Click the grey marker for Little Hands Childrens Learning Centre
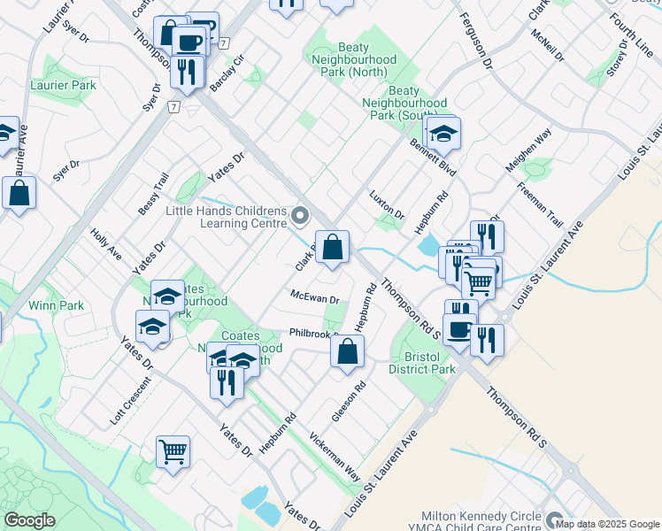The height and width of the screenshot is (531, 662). coord(301,216)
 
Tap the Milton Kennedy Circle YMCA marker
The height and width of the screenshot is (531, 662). coord(555,519)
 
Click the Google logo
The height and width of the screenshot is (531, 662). coord(29,520)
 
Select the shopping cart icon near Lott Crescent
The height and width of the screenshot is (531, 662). coord(173,452)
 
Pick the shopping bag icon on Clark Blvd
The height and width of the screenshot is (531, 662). coord(332,249)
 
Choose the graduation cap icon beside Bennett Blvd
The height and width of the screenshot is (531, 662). coord(443,133)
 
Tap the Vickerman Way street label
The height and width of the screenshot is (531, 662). coord(335,456)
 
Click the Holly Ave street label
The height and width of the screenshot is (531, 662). coord(106,243)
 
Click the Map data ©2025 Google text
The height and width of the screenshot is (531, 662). coord(606,523)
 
